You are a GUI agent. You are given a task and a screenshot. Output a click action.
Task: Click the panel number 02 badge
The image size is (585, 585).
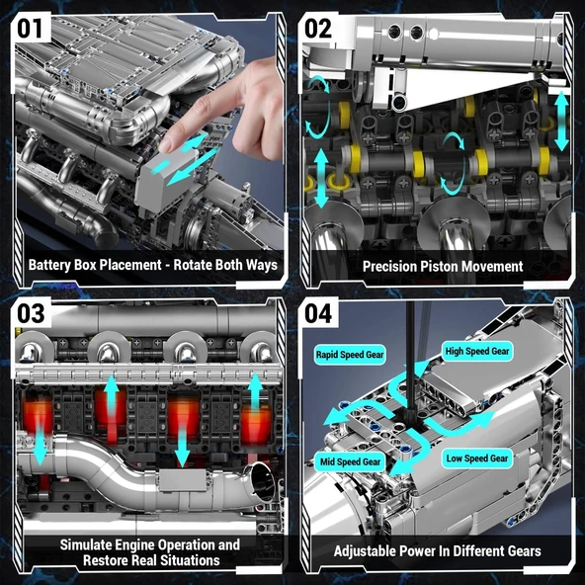[318, 27]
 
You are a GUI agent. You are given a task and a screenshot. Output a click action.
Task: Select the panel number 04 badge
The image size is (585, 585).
[318, 314]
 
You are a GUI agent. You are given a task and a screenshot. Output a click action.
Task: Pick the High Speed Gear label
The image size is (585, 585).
[476, 351]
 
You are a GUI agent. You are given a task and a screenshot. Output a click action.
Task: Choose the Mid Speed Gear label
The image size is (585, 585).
[349, 461]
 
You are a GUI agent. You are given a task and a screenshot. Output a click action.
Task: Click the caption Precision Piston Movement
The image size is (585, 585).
[442, 266]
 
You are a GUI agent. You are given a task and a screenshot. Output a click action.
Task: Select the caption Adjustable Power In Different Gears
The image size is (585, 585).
[437, 550]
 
